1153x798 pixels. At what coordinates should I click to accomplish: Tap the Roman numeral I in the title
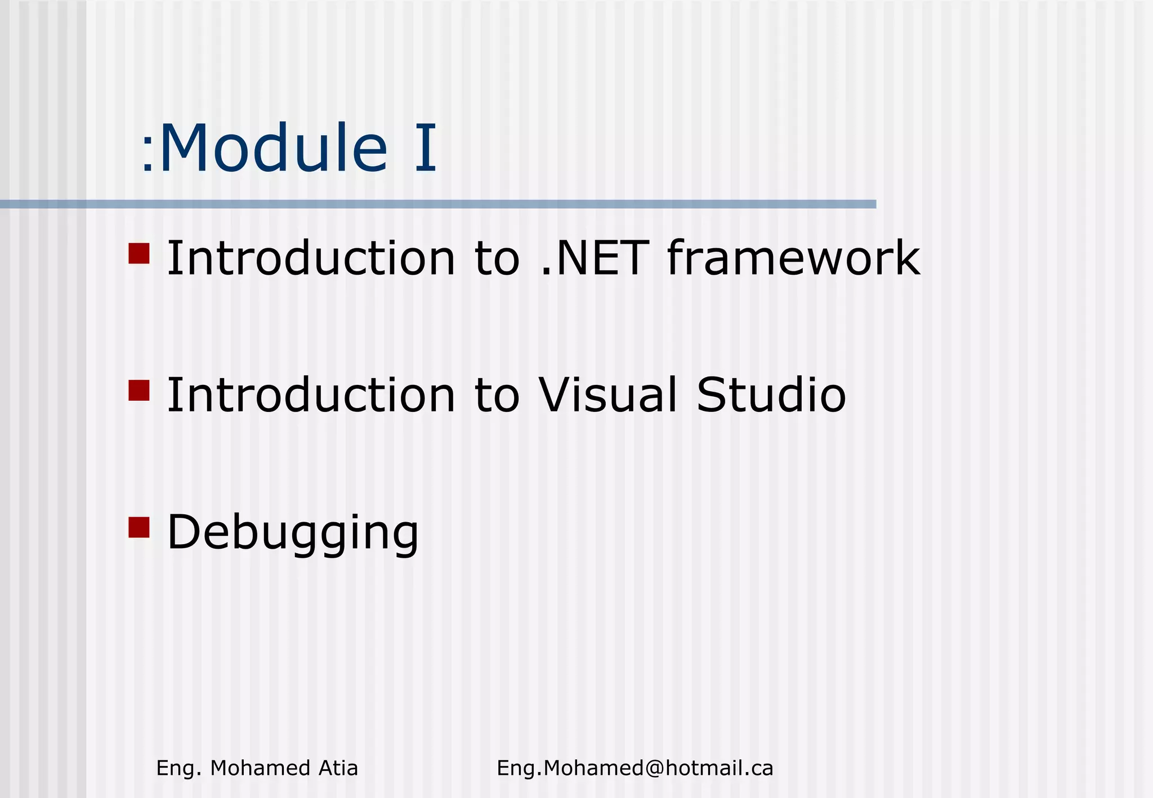click(426, 149)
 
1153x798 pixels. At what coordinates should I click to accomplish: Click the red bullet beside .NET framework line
click(138, 253)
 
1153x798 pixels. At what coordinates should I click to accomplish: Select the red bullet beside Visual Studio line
click(138, 390)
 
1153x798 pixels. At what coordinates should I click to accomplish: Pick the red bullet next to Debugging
click(138, 527)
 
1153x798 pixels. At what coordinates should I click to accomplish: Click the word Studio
click(771, 395)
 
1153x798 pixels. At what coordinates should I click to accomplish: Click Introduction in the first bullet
click(311, 259)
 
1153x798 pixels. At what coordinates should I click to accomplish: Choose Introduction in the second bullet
click(311, 395)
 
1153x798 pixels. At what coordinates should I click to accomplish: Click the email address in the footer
click(634, 768)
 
